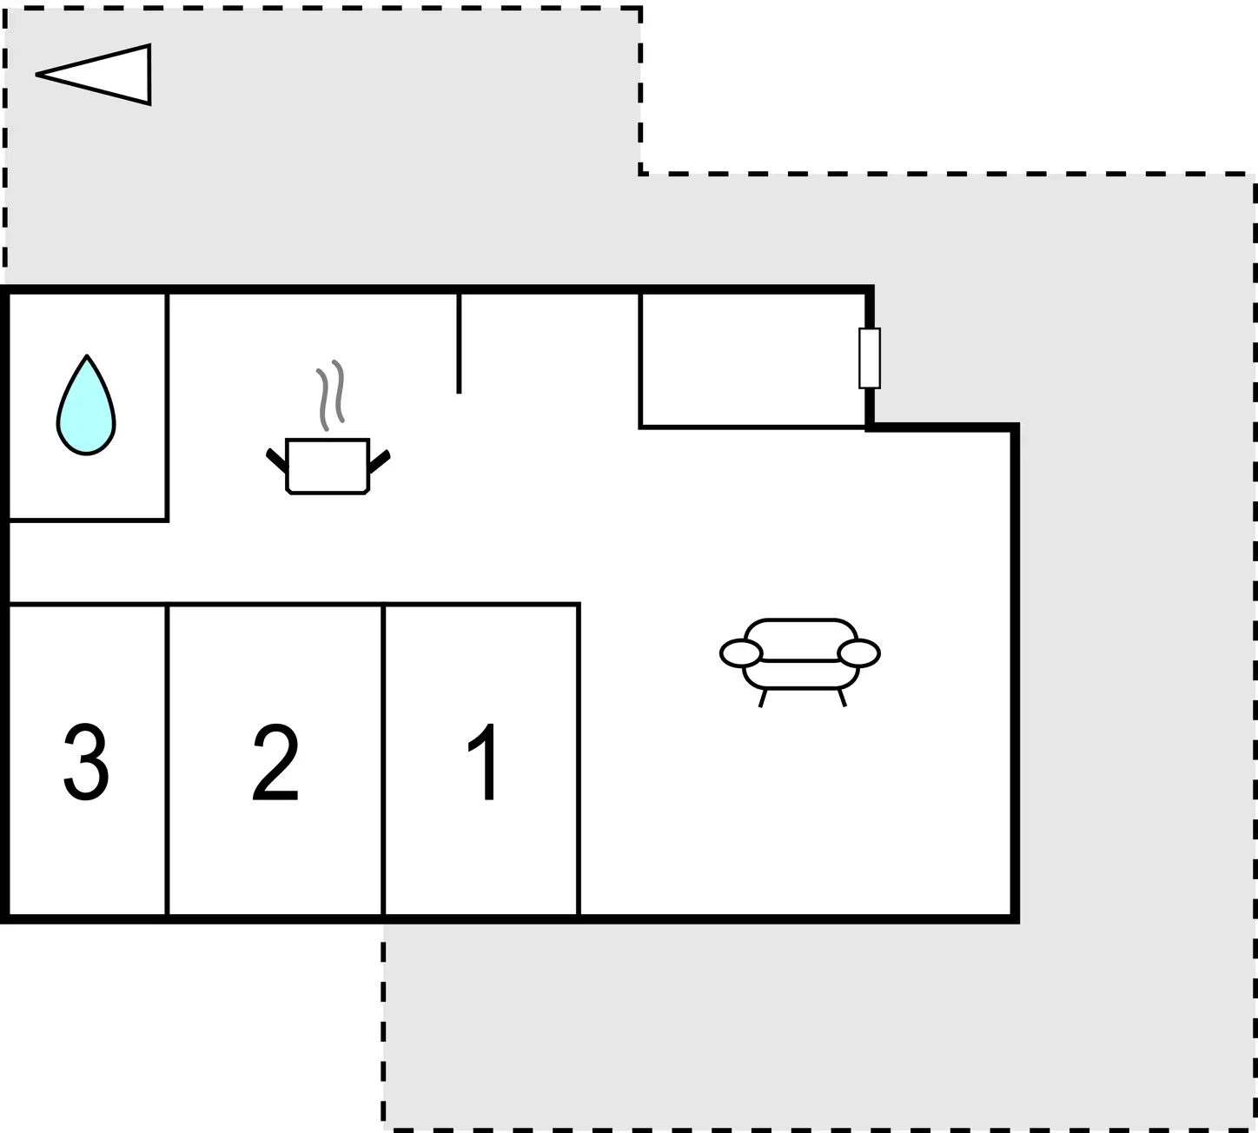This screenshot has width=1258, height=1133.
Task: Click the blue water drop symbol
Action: click(86, 408)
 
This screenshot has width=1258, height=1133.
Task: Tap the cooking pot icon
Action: click(328, 466)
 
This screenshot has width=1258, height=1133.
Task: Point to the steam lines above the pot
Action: click(331, 394)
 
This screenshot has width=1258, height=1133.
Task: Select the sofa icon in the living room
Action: click(799, 662)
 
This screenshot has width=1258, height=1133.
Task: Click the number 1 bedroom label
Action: click(483, 762)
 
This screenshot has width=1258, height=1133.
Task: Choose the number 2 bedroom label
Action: click(275, 762)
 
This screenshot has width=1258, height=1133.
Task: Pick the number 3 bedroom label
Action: click(87, 762)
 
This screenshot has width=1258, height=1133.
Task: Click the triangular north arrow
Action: click(94, 75)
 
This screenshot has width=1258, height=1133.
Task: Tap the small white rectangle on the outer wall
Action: click(869, 358)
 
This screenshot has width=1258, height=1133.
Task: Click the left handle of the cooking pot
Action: click(276, 460)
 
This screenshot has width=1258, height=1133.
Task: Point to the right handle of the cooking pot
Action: click(380, 460)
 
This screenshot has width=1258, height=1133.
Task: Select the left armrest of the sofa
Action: click(740, 653)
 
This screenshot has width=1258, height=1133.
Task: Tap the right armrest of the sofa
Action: click(858, 653)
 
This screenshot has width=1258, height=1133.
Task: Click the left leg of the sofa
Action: click(763, 698)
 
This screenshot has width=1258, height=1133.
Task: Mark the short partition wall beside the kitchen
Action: click(459, 343)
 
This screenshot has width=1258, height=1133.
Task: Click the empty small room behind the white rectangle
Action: click(751, 360)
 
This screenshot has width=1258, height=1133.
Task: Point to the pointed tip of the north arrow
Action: click(36, 74)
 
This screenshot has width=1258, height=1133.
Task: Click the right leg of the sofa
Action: click(842, 698)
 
